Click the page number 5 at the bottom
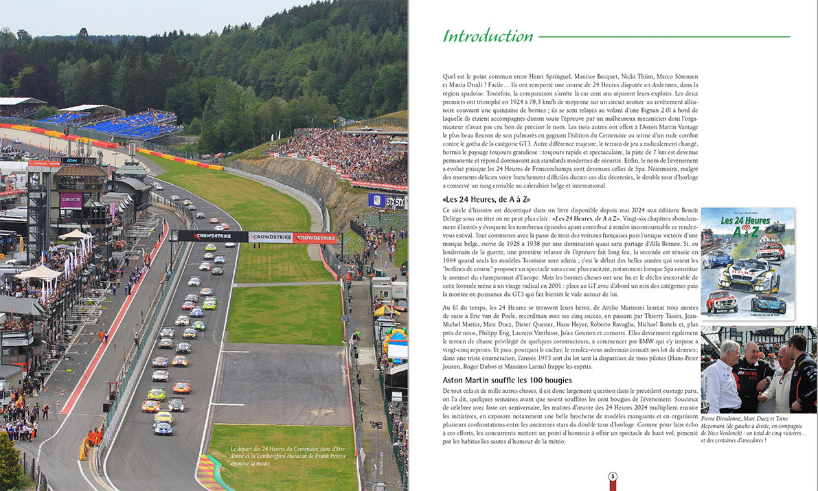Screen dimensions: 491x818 pos(613,477)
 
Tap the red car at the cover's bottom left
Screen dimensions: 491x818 pos(718,301)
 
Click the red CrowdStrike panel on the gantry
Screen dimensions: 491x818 pos(315,238)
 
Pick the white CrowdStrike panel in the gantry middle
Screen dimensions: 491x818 pos(270,238)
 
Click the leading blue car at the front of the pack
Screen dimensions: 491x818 pos(163,429)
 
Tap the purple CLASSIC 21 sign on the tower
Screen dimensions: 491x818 pos(71,200)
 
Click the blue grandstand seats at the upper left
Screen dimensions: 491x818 pos(120,124)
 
